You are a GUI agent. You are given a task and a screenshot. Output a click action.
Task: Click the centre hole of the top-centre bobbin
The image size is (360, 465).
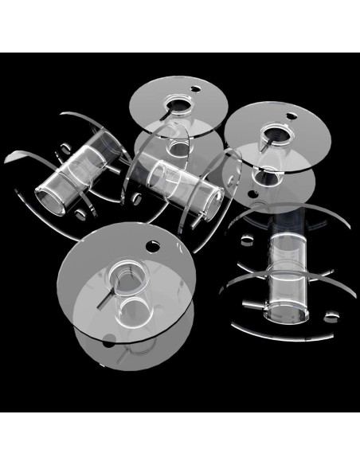[174, 104]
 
